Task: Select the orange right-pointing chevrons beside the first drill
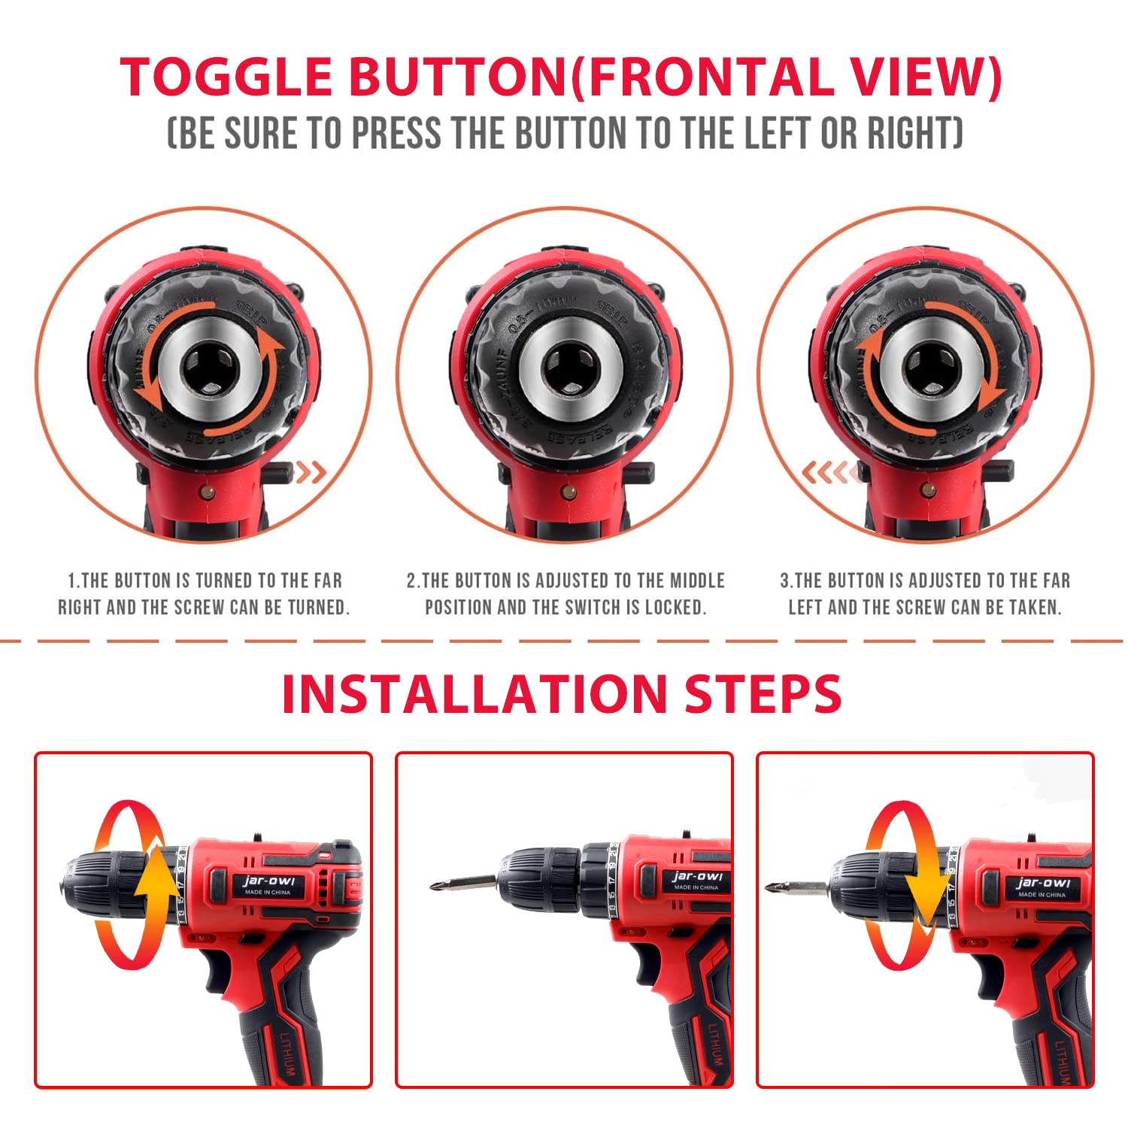click(310, 473)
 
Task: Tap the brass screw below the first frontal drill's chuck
click(208, 493)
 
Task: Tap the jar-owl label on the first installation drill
click(268, 883)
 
